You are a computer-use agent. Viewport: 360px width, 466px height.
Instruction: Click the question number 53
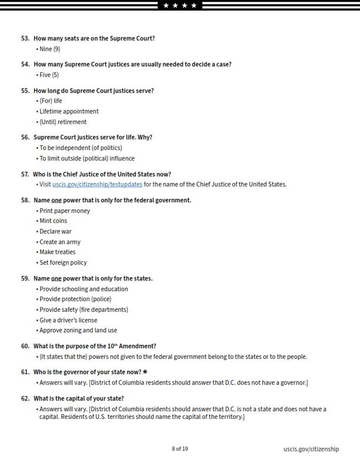tap(25, 38)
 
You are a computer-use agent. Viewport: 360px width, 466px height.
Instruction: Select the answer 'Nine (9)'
tap(49, 49)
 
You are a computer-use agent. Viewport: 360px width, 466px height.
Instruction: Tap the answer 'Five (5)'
tap(49, 75)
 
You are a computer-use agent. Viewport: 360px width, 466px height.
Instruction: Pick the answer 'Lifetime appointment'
tap(69, 111)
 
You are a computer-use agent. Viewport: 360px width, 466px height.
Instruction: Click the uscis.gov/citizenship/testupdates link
tap(97, 184)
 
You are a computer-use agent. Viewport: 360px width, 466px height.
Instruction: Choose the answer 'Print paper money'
tap(65, 211)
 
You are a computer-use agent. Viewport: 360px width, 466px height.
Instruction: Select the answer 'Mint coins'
tap(53, 221)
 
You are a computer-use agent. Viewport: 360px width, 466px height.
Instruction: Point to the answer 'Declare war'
tap(55, 231)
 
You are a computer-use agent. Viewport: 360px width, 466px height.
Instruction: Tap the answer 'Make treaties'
tap(57, 252)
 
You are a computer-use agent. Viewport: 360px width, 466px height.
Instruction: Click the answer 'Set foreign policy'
tap(63, 262)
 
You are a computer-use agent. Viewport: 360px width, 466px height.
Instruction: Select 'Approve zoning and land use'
tap(78, 330)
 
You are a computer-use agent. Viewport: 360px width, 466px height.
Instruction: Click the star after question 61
tap(145, 372)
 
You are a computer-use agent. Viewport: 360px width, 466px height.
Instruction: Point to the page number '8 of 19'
tap(180, 449)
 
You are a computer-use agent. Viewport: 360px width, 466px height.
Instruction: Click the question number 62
tap(25, 398)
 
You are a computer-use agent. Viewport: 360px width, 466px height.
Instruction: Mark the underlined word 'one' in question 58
tap(56, 200)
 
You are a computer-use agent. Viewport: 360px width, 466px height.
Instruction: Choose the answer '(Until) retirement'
tap(63, 122)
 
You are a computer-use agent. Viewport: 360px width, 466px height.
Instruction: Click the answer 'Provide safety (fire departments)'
tap(84, 309)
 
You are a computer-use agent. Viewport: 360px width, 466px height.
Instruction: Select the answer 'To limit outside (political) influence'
tap(86, 158)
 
